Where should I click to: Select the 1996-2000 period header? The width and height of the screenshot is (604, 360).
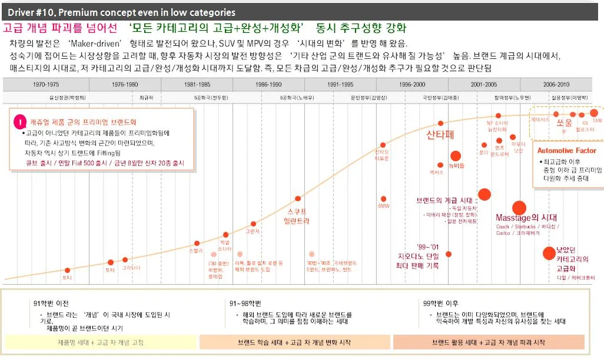[x=412, y=84]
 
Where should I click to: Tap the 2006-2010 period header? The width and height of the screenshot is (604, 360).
[x=556, y=84]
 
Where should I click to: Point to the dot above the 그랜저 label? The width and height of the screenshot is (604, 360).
[x=253, y=224]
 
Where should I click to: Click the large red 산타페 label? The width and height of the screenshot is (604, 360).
[x=441, y=135]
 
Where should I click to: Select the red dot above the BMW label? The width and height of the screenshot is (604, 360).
[x=383, y=199]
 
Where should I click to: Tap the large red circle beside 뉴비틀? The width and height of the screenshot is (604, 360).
[x=455, y=156]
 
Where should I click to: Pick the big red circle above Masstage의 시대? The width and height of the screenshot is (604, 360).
[x=519, y=207]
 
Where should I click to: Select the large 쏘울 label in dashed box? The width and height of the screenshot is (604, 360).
[x=564, y=122]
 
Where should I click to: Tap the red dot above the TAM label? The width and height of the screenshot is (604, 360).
[x=593, y=112]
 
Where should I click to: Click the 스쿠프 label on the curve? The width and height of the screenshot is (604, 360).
[x=297, y=211]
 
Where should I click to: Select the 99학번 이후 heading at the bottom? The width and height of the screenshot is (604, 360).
[x=441, y=303]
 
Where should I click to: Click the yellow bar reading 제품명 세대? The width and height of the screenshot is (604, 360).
[x=100, y=342]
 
